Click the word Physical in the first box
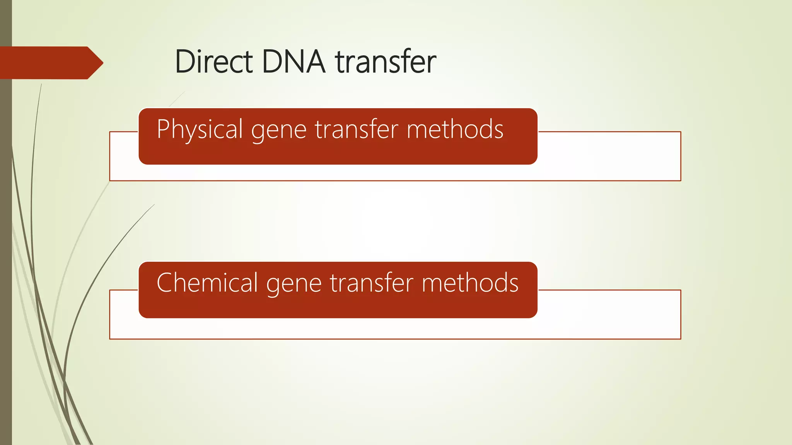point(200,129)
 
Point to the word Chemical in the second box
point(207,283)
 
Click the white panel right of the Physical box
point(609,156)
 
